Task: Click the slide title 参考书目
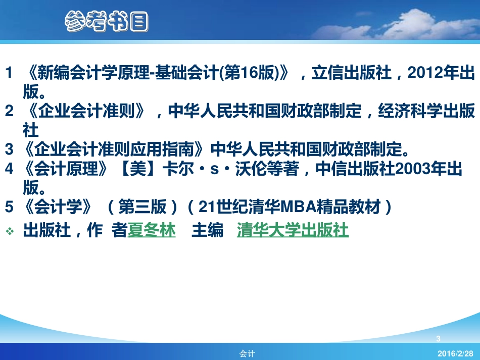coord(107,22)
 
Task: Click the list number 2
coord(9,112)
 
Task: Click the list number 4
coord(9,169)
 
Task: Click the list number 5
coord(9,207)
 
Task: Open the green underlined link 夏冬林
coord(151,231)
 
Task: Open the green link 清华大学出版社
coord(293,231)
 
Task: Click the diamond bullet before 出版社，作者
coord(10,231)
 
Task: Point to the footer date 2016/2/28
coord(456,353)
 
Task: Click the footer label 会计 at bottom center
coord(247,354)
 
